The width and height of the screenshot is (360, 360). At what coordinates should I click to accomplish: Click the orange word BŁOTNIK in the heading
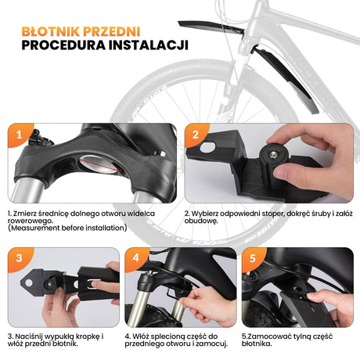(50, 31)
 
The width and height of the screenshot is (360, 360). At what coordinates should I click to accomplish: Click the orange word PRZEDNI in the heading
(111, 31)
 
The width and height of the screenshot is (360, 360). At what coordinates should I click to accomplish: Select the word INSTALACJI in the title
(149, 45)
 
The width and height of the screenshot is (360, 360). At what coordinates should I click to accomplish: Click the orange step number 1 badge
(19, 135)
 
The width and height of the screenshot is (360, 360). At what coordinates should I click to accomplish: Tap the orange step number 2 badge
(196, 135)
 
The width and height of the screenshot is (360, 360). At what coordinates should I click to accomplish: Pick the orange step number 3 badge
(19, 258)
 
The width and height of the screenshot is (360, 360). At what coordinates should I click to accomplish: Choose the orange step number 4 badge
(135, 258)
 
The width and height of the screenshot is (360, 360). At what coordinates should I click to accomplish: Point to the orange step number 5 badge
(252, 258)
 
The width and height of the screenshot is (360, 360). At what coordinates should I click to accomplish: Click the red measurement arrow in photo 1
(99, 164)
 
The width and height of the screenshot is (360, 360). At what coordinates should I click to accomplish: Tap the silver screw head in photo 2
(273, 155)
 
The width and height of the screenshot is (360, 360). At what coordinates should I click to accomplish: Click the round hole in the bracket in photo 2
(207, 146)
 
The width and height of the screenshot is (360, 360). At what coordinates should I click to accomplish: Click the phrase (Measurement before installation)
(67, 228)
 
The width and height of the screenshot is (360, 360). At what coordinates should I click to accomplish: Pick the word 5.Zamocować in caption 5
(266, 337)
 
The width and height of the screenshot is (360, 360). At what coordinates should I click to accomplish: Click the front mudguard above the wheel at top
(211, 27)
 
